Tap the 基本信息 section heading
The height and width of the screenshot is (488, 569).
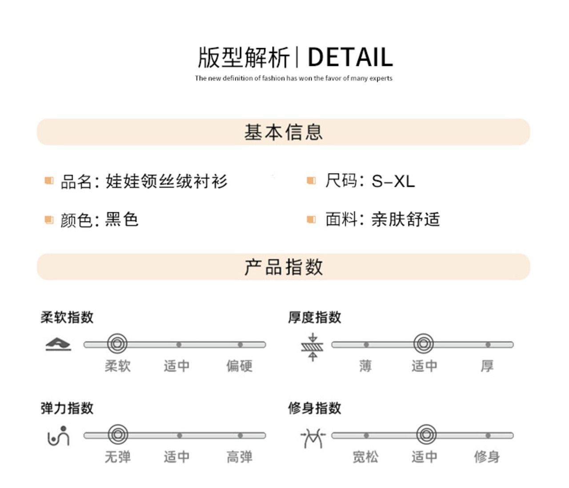click(x=284, y=132)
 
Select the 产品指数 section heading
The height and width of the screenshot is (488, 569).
click(x=284, y=267)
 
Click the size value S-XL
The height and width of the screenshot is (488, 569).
click(x=393, y=181)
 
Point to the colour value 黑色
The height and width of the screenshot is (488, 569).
click(x=122, y=220)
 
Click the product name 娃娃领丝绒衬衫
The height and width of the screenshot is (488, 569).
click(x=166, y=181)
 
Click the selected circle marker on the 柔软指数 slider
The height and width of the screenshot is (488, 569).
click(x=117, y=344)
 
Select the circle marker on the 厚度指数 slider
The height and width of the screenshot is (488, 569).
click(x=423, y=344)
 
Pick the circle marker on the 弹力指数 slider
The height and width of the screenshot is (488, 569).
click(x=118, y=435)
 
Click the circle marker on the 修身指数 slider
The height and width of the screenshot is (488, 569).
click(x=426, y=435)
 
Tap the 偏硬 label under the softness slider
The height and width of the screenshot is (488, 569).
click(x=239, y=366)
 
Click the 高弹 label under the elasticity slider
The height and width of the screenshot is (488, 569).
click(x=239, y=457)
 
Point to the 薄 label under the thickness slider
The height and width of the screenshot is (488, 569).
click(x=365, y=366)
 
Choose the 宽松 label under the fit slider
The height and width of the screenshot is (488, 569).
click(x=365, y=457)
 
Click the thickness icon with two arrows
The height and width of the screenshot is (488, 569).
click(x=313, y=347)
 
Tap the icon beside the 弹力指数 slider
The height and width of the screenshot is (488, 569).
click(x=58, y=436)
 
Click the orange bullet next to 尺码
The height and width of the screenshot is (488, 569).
click(x=311, y=181)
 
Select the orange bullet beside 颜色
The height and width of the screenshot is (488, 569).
click(x=49, y=220)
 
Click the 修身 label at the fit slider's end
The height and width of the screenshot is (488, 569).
click(x=487, y=457)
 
